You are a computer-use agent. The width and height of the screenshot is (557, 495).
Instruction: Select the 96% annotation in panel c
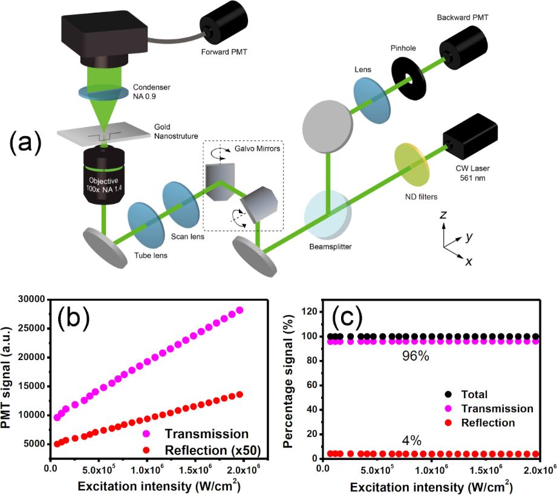pyautogui.click(x=416, y=356)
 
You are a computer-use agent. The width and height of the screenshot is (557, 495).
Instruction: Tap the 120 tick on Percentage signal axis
pyautogui.click(x=310, y=312)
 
